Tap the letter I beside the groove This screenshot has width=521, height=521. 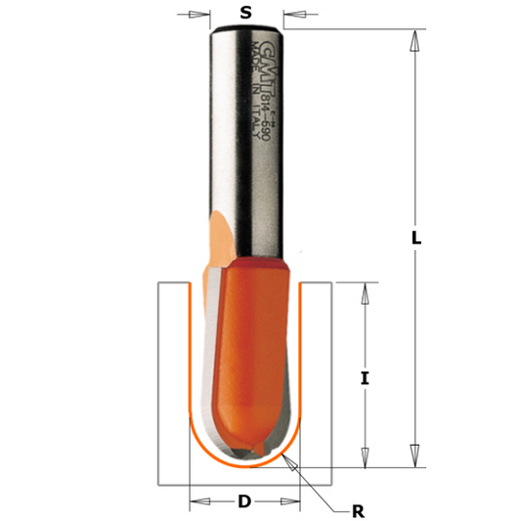pyautogui.click(x=365, y=377)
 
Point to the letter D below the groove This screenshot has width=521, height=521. pyautogui.click(x=244, y=501)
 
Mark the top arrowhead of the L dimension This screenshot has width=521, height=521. pyautogui.click(x=414, y=40)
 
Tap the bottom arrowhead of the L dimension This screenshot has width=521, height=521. pyautogui.click(x=414, y=454)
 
